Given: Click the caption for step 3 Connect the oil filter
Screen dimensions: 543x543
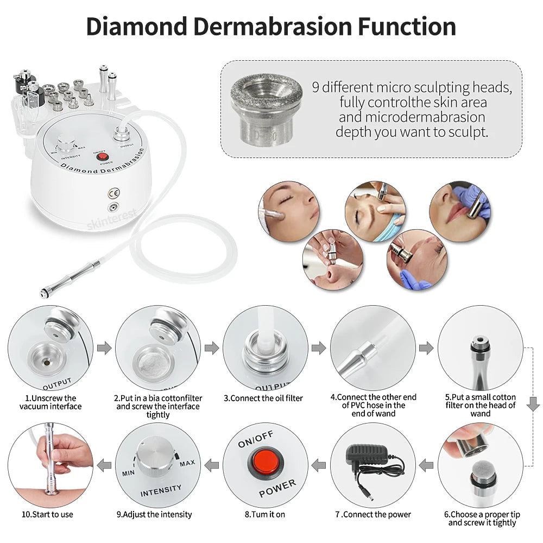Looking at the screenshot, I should tap(263, 398).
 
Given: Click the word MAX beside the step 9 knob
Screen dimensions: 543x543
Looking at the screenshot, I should tap(187, 463).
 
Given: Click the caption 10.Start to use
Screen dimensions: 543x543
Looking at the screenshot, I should tap(48, 514).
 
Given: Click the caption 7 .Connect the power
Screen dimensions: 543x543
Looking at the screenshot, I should tap(373, 514).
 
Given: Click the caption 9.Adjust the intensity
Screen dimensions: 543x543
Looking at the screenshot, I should tap(154, 514).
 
